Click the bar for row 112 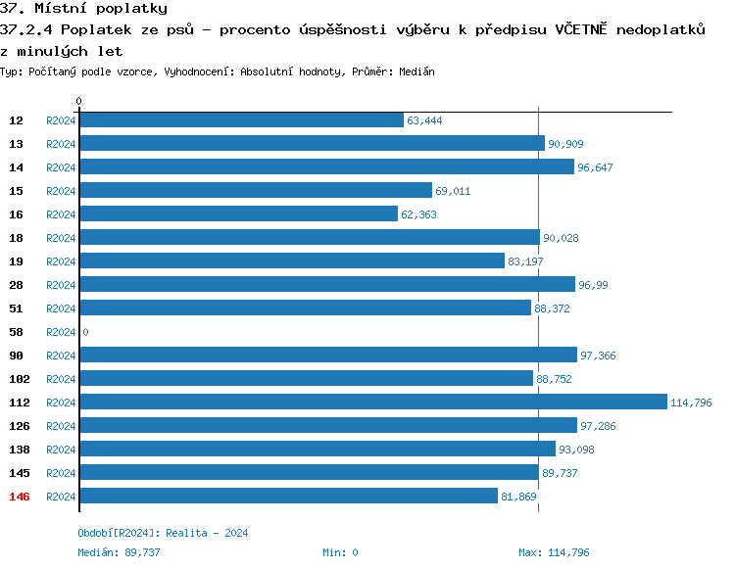pyautogui.click(x=372, y=403)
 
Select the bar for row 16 pyautogui.click(x=238, y=214)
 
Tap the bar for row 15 pyautogui.click(x=255, y=191)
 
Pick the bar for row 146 pyautogui.click(x=288, y=497)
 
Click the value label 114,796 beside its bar pyautogui.click(x=691, y=403)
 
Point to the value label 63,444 pyautogui.click(x=424, y=120)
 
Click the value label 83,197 pyautogui.click(x=525, y=261)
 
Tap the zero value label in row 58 pyautogui.click(x=85, y=332)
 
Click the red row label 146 pyautogui.click(x=20, y=497)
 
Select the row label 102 pyautogui.click(x=20, y=379)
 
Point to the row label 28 pyautogui.click(x=17, y=285)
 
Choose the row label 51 pyautogui.click(x=17, y=309)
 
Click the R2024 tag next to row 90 pyautogui.click(x=61, y=356)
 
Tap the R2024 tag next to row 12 pyautogui.click(x=61, y=120)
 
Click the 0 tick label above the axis pyautogui.click(x=79, y=101)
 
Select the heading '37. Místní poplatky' pyautogui.click(x=84, y=9)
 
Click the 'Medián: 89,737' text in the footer pyautogui.click(x=119, y=552)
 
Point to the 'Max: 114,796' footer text pyautogui.click(x=554, y=552)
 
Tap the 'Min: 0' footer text pyautogui.click(x=340, y=552)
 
